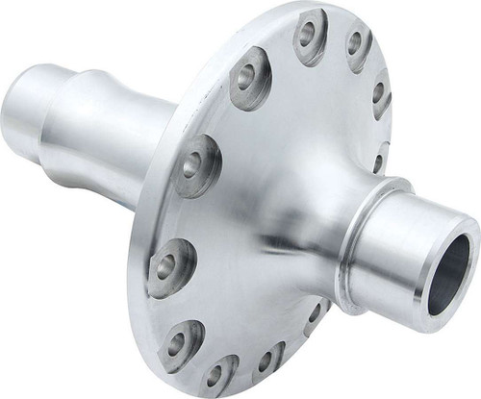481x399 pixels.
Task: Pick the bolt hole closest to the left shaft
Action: click(x=198, y=154)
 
